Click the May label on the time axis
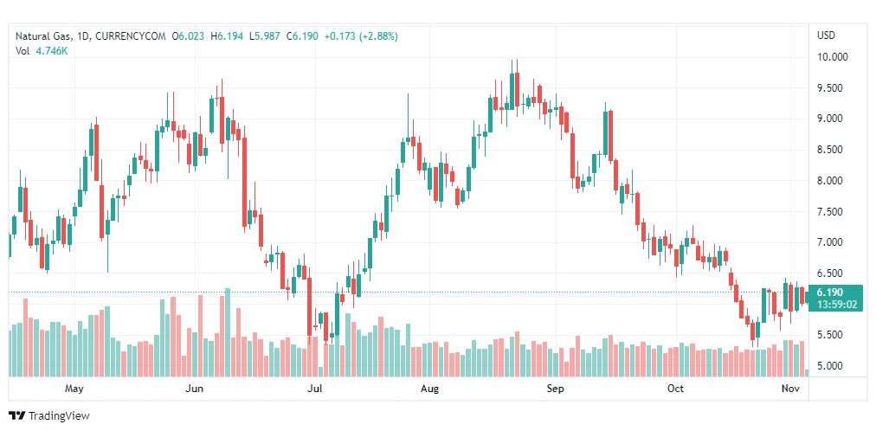coord(74,389)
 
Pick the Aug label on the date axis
coord(429,389)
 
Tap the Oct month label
coord(675,389)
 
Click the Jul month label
coord(315,389)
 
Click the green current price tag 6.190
coord(829,293)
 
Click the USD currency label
coord(826,35)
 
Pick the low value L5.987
coord(266,35)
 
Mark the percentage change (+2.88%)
coord(375,35)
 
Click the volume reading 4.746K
coord(52,51)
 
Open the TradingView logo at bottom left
coord(50,416)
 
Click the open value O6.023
coord(187,35)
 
